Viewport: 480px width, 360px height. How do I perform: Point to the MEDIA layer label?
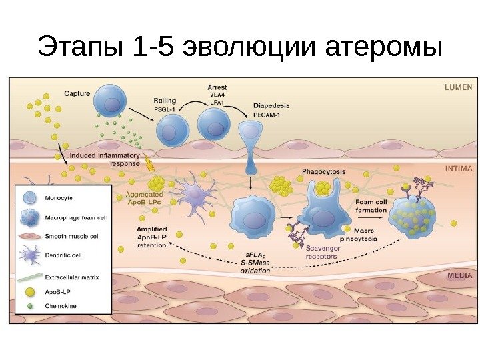459,275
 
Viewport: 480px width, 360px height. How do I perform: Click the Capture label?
77,93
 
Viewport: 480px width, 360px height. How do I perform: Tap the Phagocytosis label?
323,171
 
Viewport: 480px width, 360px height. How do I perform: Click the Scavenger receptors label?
323,252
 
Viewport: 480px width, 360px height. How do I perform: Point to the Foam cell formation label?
371,206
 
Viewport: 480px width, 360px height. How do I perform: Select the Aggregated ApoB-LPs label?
145,199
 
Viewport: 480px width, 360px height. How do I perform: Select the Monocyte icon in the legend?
29,198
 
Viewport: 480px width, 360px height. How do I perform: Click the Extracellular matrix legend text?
72,275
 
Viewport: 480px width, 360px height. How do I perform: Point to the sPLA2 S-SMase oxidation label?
256,263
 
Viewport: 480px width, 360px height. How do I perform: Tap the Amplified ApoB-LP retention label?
151,237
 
